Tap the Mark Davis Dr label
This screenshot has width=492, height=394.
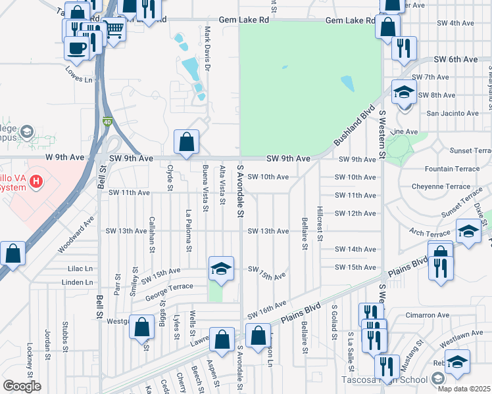tap(207, 49)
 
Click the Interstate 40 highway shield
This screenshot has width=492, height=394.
tap(107, 121)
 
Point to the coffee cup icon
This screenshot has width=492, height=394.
tap(77, 47)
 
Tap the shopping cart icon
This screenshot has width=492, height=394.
tap(114, 30)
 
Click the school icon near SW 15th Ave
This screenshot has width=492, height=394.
tap(222, 267)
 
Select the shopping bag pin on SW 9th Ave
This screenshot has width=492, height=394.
tap(187, 141)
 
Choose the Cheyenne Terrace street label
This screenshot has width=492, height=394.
tap(441, 186)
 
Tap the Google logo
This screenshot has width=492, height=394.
tap(22, 386)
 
